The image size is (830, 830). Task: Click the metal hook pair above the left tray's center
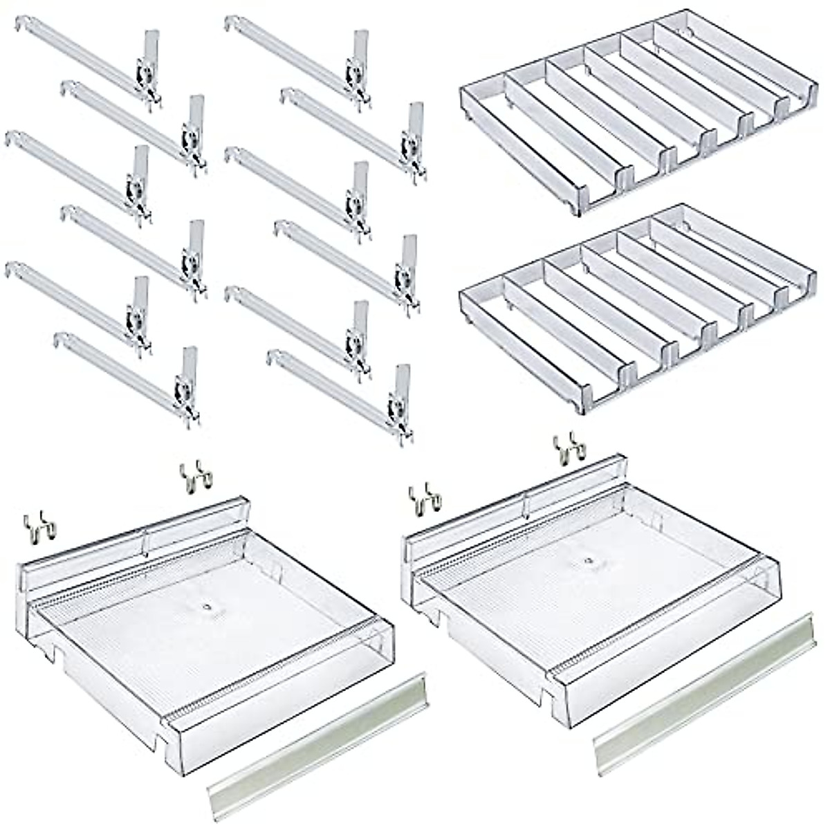click(197, 477)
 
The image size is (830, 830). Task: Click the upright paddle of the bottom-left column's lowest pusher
click(189, 367)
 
